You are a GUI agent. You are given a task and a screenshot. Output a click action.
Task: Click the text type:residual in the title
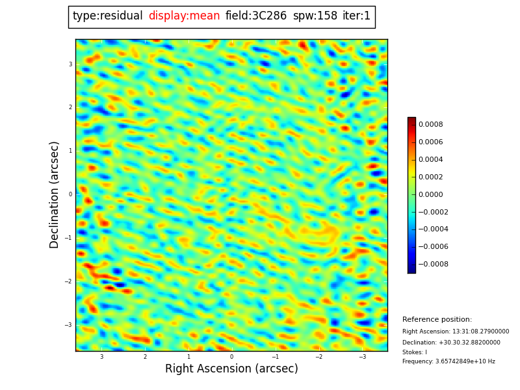107,16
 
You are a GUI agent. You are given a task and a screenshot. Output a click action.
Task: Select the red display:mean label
184,16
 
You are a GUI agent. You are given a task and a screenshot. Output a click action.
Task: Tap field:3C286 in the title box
256,16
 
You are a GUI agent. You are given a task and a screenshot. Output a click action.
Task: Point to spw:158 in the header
315,16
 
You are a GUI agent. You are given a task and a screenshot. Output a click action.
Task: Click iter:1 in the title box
357,16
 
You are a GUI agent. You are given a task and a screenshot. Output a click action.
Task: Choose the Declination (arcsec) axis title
55,194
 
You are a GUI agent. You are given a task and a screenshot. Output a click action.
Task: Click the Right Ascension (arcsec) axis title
231,369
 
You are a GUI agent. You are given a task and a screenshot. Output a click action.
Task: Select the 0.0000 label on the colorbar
430,194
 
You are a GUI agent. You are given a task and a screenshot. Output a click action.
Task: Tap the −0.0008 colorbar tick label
433,264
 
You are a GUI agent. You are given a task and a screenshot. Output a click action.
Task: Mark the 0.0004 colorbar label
430,159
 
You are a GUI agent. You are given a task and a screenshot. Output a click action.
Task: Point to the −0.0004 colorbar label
433,229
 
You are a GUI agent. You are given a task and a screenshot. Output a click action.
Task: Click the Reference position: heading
437,320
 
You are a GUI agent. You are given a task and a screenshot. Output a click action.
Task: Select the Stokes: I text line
415,352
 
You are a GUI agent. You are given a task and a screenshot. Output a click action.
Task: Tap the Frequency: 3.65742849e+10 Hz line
448,361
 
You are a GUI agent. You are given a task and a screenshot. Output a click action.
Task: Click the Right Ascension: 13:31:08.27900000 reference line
456,331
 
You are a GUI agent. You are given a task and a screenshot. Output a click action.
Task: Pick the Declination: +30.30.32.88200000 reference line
451,343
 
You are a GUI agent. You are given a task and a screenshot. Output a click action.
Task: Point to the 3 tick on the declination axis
70,64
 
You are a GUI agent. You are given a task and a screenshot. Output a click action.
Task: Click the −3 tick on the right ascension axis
362,357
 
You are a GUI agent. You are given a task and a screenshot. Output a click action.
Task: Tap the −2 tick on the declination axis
69,281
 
